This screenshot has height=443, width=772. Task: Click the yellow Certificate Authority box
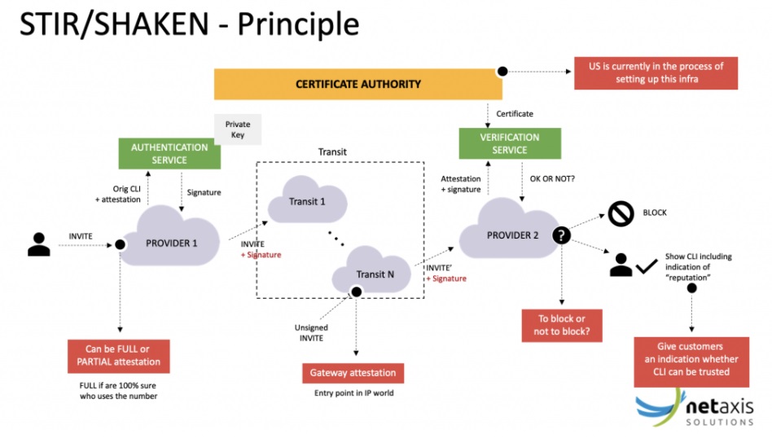point(358,84)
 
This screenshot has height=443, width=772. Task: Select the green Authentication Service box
point(169,154)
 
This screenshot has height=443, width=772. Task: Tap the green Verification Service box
point(510,143)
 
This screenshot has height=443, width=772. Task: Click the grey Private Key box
point(238,129)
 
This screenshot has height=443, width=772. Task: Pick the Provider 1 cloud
point(171,242)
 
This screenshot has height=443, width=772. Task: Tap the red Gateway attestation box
point(353,373)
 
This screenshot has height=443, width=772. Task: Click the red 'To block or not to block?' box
point(561,325)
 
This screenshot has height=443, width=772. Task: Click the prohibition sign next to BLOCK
point(621,213)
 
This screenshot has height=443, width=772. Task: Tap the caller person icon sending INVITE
point(38,244)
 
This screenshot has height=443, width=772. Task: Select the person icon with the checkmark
point(622,264)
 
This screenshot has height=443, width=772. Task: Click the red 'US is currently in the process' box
point(656,72)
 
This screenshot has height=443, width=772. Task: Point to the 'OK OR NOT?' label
point(553,178)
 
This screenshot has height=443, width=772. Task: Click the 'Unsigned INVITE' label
point(311,332)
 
